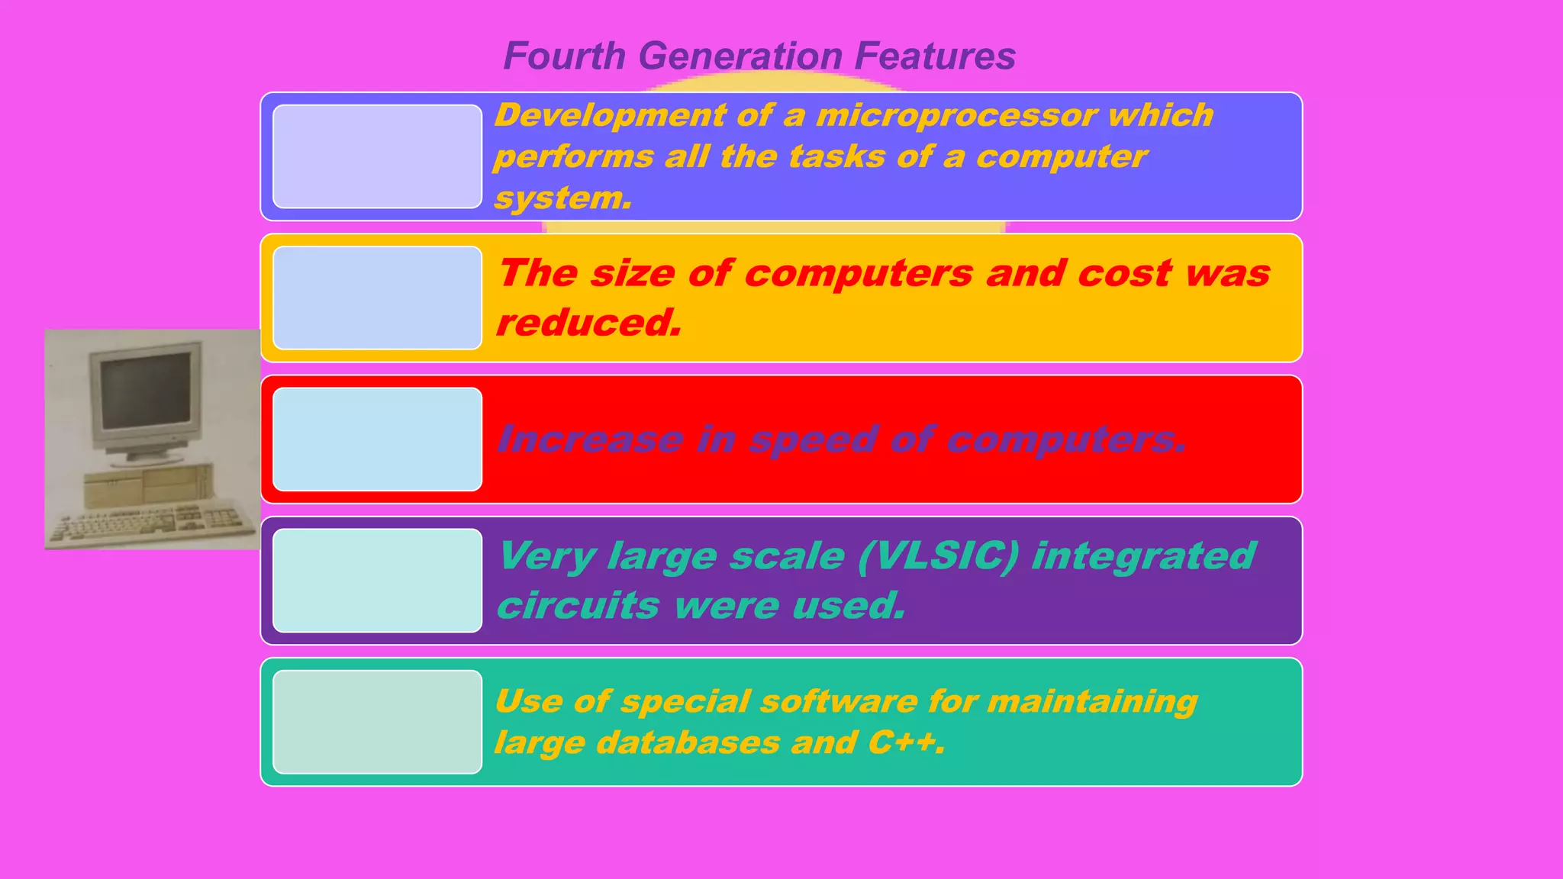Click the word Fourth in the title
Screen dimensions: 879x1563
click(x=565, y=56)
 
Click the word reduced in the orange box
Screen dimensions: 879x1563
click(x=588, y=322)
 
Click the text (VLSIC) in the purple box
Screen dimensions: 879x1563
click(x=938, y=555)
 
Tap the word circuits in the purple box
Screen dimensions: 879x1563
click(x=578, y=605)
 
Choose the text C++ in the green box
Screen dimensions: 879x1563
click(x=905, y=742)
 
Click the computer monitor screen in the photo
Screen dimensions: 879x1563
click(x=146, y=392)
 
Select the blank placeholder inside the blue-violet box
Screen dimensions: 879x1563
click(x=377, y=156)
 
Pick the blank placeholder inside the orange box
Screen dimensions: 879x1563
click(x=377, y=298)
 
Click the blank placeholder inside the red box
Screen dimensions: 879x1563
click(x=377, y=439)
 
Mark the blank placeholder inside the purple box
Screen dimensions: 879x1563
click(x=377, y=581)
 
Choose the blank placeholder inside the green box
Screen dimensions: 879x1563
click(x=377, y=722)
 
